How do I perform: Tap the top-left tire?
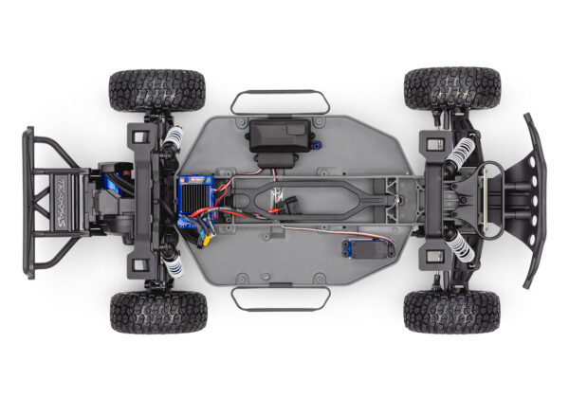coord(156,89)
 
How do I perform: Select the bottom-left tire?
coord(157,311)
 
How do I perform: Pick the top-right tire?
coord(451,88)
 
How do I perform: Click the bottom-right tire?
coord(451,311)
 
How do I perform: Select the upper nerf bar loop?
coord(280,100)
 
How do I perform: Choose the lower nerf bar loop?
coord(280,298)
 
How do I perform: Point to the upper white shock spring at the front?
coord(461,153)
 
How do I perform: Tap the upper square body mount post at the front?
coord(435,146)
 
